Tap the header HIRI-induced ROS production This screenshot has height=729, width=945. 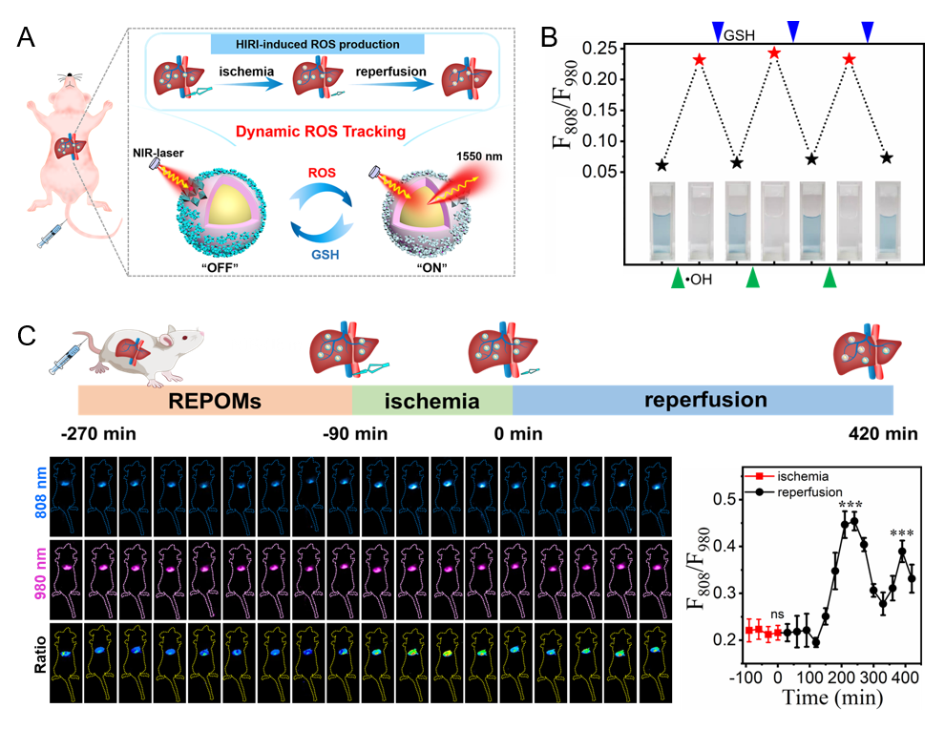304,44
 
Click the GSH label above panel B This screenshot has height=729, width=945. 737,35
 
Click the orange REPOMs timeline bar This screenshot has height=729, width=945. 215,399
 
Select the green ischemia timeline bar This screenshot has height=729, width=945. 432,399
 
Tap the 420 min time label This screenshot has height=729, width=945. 883,435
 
